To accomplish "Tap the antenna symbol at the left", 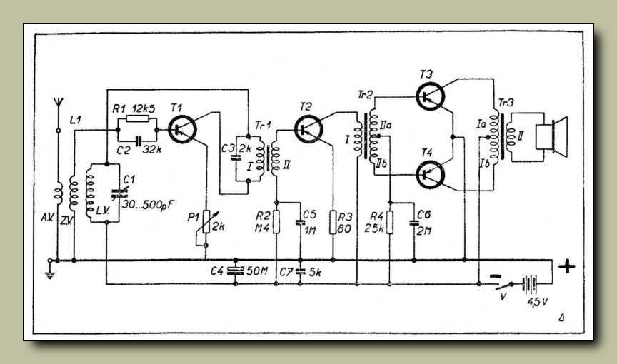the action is click(x=59, y=103).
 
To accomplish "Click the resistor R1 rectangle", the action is click(x=137, y=119).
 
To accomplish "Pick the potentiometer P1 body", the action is click(x=206, y=222).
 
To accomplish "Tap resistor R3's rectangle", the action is click(x=333, y=222).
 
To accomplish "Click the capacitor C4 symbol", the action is click(x=236, y=271).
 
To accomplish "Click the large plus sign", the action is click(x=566, y=266).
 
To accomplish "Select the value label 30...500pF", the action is click(x=148, y=204).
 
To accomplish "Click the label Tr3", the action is click(x=506, y=103).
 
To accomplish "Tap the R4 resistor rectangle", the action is click(x=390, y=222).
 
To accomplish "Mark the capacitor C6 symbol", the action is click(x=414, y=223).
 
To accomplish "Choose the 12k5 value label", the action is click(x=144, y=108).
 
